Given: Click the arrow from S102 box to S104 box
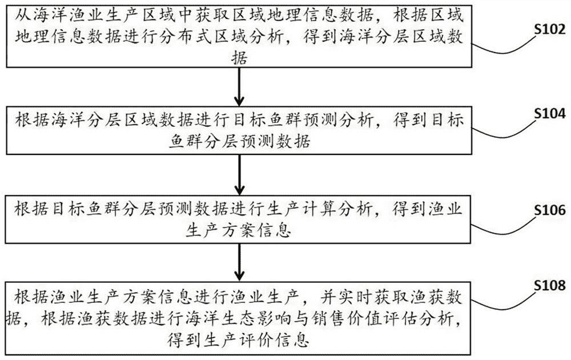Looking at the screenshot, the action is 239,87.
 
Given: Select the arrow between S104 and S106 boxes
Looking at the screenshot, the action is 239,174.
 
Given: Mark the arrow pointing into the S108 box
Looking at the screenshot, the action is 239,262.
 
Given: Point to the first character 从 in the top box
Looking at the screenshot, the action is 23,15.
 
